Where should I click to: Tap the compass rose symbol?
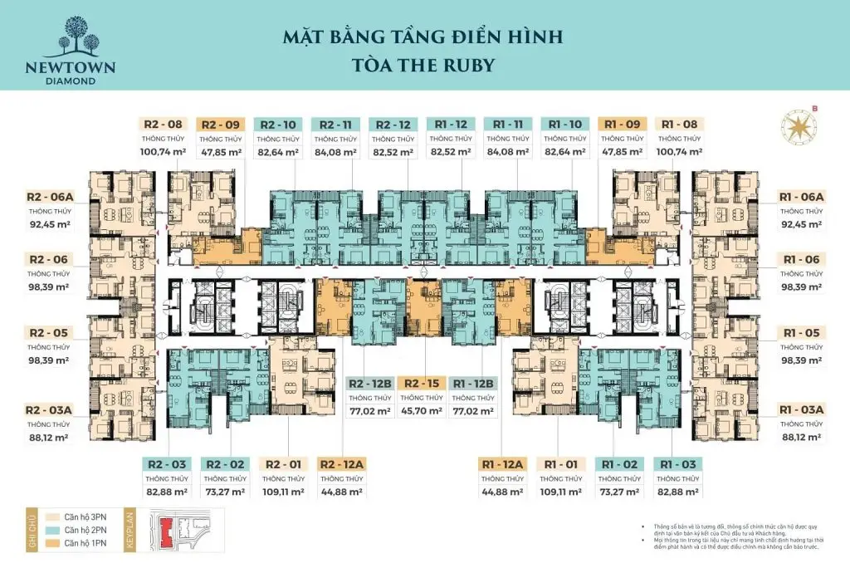click(x=798, y=125)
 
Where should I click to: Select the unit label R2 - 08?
click(x=160, y=125)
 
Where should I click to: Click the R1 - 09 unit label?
click(x=622, y=125)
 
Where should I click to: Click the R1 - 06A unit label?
click(x=800, y=197)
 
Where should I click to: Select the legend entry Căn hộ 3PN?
click(x=71, y=515)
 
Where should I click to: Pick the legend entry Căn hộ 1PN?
click(x=71, y=543)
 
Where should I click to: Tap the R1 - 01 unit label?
click(x=562, y=464)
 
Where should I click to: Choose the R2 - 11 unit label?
click(x=335, y=125)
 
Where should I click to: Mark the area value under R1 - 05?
click(x=800, y=360)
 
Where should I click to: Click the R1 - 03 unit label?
click(x=678, y=464)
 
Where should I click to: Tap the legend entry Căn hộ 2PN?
click(x=71, y=529)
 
